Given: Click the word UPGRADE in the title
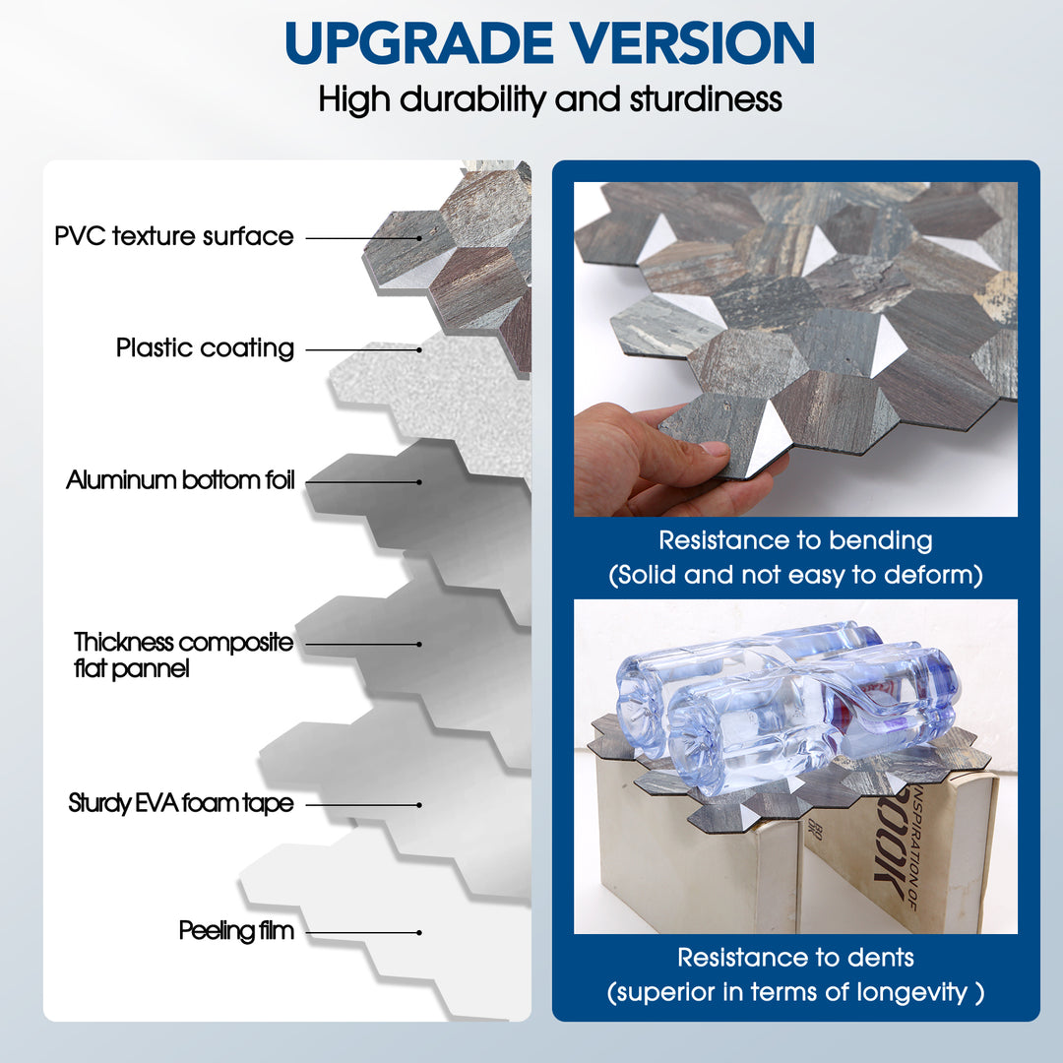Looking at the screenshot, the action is tap(419, 42).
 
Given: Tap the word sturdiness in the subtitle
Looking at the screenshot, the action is tap(706, 99).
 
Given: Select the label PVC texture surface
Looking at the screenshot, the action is tap(174, 236).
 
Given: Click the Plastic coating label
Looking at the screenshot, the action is tap(205, 347).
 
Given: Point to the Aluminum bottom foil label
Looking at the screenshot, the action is tap(180, 480).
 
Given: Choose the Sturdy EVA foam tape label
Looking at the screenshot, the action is tap(181, 803).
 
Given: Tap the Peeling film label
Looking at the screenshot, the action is tap(236, 930).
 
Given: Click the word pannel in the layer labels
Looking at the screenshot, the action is tap(151, 669).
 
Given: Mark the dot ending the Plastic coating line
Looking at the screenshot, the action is tap(419, 349).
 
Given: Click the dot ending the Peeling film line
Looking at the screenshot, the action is tap(419, 933).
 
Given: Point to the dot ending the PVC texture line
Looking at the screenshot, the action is tap(419, 238).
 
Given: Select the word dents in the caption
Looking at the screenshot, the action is tap(881, 958).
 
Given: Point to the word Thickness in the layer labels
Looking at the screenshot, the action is tap(123, 642).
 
